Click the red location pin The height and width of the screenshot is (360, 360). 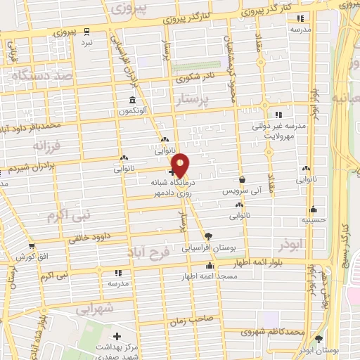[x=181, y=165]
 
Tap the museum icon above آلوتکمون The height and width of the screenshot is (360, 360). [x=132, y=100]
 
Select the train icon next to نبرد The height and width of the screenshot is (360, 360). [x=86, y=32]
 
